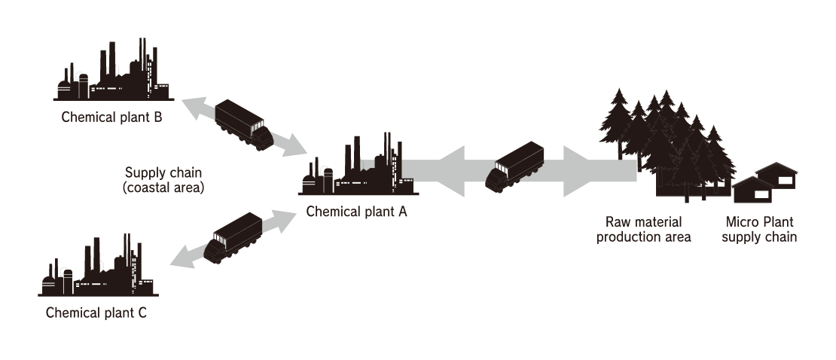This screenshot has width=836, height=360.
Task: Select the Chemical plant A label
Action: pos(356,212)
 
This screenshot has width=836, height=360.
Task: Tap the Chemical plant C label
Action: pos(96,313)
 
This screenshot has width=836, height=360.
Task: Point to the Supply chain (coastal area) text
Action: pos(163,179)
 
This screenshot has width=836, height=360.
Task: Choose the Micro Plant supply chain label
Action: pos(759,230)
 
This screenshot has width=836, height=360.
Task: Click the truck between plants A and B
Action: pos(243,123)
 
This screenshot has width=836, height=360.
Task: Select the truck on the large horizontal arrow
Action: pos(515,166)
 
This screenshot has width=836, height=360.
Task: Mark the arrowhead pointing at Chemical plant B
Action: pos(192,106)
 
